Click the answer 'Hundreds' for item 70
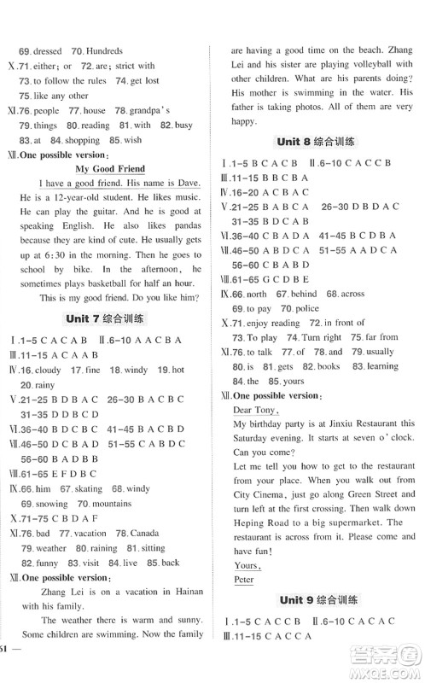click(x=102, y=50)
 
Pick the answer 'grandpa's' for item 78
click(x=152, y=110)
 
